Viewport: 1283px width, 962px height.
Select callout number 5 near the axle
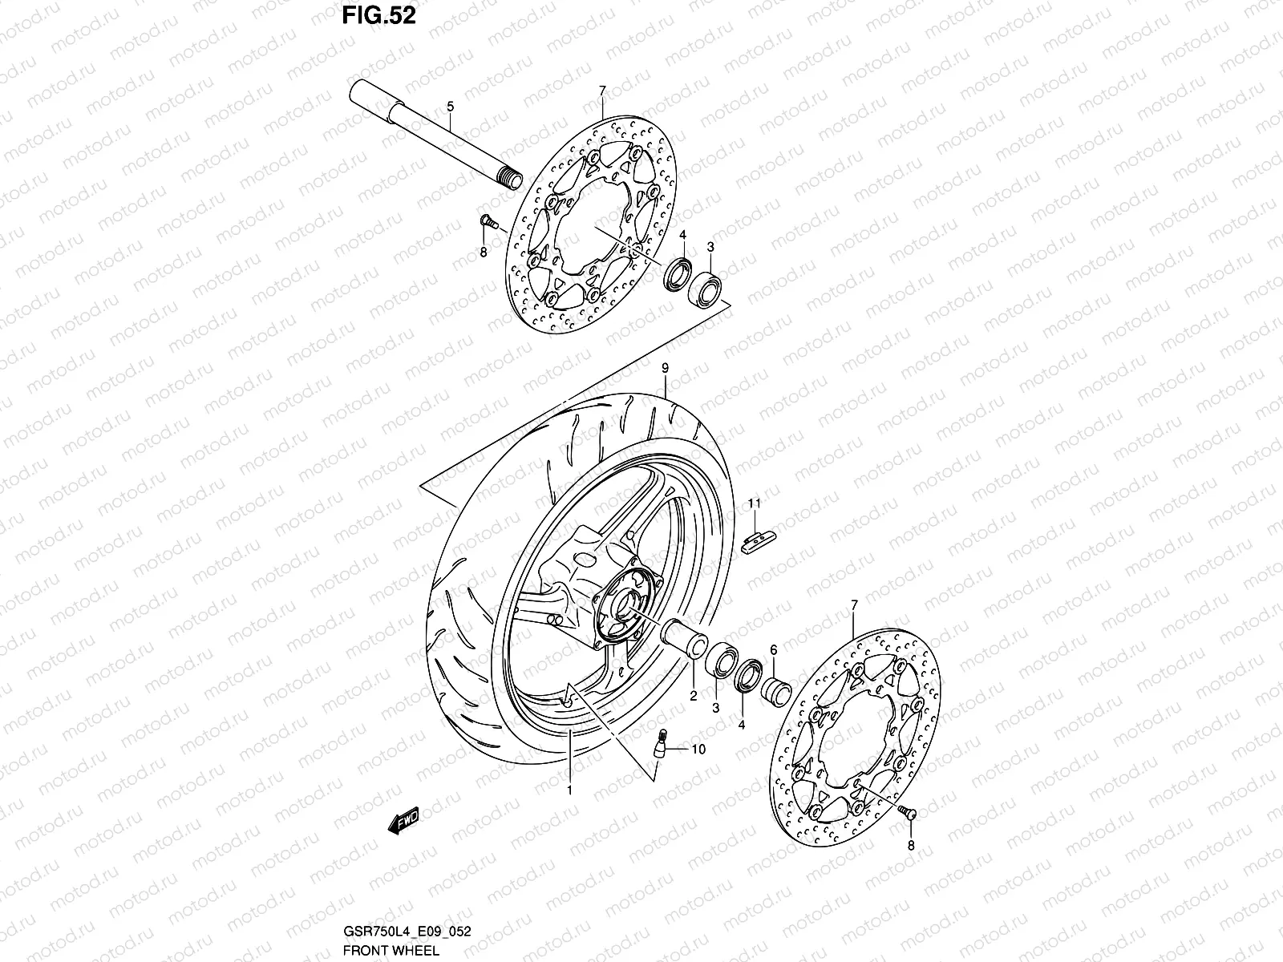click(x=450, y=106)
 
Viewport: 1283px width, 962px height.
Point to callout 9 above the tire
click(x=665, y=368)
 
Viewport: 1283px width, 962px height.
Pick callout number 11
click(x=754, y=503)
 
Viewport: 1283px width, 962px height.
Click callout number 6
click(x=773, y=651)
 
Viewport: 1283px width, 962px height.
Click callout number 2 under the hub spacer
click(x=694, y=697)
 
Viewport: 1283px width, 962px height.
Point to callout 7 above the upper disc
click(x=602, y=91)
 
